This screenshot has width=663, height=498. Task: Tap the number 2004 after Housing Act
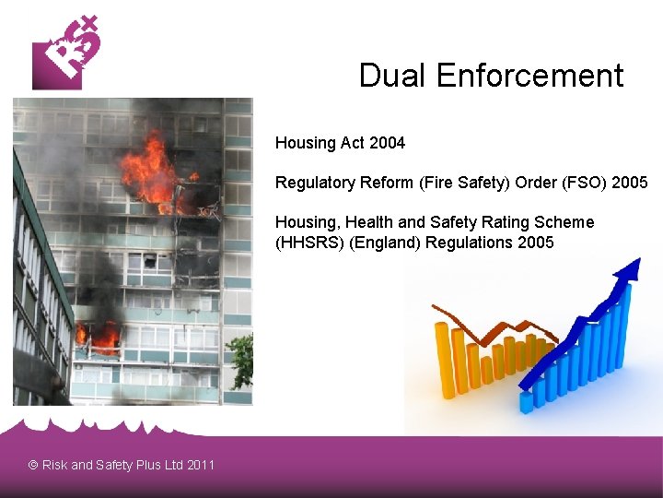tap(387, 143)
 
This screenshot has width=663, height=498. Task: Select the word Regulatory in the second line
tap(311, 183)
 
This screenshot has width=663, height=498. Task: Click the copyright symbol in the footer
tap(33, 465)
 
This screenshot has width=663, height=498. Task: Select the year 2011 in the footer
tap(200, 465)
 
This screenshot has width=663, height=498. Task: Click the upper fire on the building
tap(152, 172)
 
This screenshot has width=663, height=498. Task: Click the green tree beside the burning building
tap(241, 361)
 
